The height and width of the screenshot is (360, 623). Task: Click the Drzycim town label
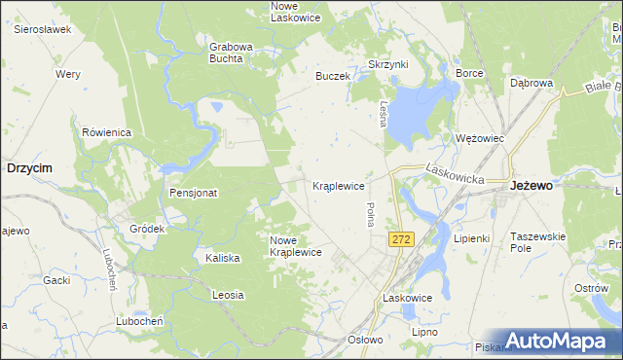click(x=29, y=167)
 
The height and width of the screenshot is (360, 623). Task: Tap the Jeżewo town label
click(x=532, y=185)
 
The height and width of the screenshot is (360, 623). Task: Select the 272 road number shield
click(x=400, y=238)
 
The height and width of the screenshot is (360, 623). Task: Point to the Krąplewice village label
click(x=338, y=185)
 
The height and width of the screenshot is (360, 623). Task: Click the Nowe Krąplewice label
click(x=295, y=246)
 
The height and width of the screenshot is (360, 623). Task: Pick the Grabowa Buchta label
click(x=231, y=52)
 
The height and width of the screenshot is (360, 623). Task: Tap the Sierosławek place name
click(x=43, y=29)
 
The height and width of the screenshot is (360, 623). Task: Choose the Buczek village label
click(x=332, y=75)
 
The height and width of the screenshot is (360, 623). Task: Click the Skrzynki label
click(x=387, y=64)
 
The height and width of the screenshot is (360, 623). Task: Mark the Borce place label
click(x=469, y=73)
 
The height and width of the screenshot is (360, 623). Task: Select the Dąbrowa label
click(x=531, y=83)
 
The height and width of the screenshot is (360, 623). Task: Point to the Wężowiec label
click(x=480, y=138)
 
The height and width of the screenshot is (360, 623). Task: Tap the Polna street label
click(x=370, y=215)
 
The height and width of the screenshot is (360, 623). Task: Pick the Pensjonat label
click(x=193, y=193)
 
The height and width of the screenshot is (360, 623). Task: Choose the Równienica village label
click(x=106, y=132)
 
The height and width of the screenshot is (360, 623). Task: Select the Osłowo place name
click(x=366, y=340)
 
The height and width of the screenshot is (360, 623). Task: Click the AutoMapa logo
click(x=557, y=341)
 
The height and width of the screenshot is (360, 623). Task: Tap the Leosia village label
click(x=227, y=294)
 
